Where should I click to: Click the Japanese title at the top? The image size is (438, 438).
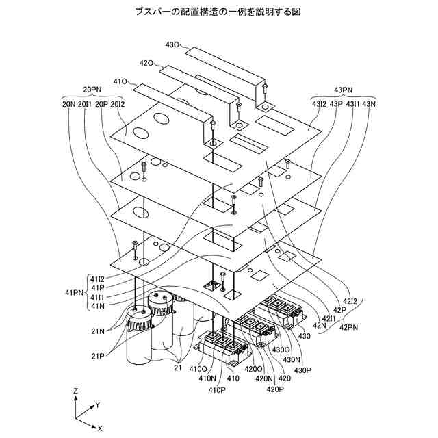pos(218,12)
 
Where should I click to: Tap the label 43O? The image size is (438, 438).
pos(172,44)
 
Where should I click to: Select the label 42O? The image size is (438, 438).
pos(146,63)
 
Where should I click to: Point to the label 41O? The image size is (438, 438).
pos(120,81)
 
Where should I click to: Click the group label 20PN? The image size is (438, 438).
pos(92,90)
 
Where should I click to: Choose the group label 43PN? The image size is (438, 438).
pos(343,90)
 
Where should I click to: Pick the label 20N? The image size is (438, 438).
pos(68,104)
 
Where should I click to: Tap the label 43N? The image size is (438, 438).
pos(369,104)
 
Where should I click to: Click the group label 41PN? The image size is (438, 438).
pos(74,292)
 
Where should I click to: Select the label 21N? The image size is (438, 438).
pos(97,331)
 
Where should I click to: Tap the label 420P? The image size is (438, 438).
pos(275,389)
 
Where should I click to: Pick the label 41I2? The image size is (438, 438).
pos(95,279)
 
